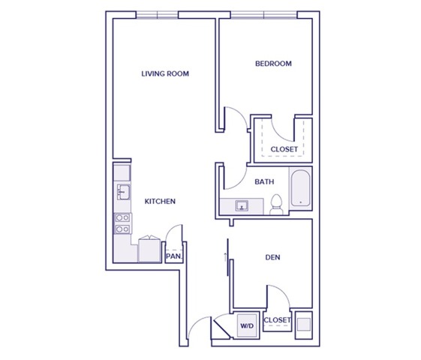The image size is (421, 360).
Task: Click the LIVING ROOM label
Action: pyautogui.click(x=164, y=74)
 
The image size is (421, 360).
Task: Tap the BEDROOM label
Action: pyautogui.click(x=273, y=64)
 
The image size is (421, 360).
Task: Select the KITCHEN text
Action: pyautogui.click(x=160, y=202)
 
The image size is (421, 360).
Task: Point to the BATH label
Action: pyautogui.click(x=263, y=182)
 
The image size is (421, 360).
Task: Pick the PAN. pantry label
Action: pyautogui.click(x=173, y=256)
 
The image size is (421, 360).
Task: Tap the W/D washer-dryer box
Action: pyautogui.click(x=246, y=325)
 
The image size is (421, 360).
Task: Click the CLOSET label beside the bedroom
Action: pyautogui.click(x=284, y=149)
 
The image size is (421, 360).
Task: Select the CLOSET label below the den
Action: pyautogui.click(x=278, y=321)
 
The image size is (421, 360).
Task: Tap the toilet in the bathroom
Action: pyautogui.click(x=276, y=203)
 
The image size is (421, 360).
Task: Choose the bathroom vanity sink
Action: pyautogui.click(x=242, y=205)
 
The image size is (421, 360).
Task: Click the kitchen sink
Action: pyautogui.click(x=123, y=193)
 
